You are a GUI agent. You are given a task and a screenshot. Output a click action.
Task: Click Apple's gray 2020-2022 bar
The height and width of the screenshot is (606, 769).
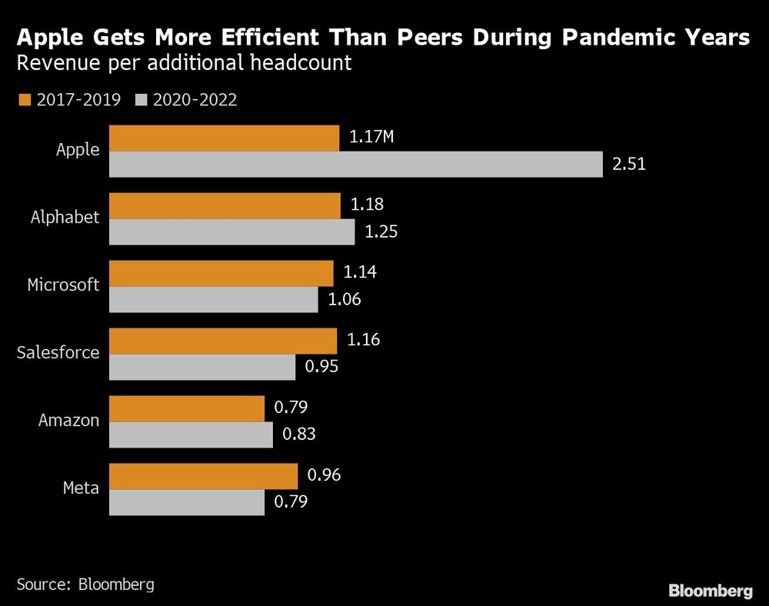(x=355, y=165)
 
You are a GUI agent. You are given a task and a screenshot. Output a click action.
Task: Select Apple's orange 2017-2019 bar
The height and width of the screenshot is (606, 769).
(x=224, y=138)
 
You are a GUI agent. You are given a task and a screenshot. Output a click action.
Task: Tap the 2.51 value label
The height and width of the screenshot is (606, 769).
(x=629, y=165)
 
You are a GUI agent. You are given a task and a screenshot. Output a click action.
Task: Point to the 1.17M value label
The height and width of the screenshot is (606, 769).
(x=371, y=138)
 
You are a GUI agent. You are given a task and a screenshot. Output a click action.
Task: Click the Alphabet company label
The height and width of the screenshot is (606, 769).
(x=65, y=218)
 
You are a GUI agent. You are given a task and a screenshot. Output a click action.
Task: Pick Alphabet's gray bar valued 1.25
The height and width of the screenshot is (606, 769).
(x=231, y=232)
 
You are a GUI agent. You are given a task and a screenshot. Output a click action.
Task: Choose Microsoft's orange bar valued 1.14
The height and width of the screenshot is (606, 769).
(x=221, y=273)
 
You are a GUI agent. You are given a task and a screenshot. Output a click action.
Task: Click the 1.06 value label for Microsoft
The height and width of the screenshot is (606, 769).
(x=345, y=300)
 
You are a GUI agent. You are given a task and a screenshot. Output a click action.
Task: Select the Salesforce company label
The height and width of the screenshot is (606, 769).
(x=58, y=353)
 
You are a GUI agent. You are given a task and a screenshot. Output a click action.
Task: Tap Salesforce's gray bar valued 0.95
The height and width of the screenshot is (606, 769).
(x=202, y=367)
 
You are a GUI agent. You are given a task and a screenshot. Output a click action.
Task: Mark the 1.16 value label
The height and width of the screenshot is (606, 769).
(x=363, y=340)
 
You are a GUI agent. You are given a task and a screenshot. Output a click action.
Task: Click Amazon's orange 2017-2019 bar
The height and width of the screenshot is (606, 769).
(x=187, y=408)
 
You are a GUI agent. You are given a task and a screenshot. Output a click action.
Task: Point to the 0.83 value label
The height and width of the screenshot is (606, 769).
(x=299, y=435)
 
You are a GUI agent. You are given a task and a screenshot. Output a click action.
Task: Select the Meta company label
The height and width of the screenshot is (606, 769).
(x=81, y=488)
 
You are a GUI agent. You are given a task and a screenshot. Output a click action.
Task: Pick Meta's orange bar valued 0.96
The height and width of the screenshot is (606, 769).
(x=203, y=476)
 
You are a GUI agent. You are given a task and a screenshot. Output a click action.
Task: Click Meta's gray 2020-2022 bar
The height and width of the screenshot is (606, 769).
(x=187, y=502)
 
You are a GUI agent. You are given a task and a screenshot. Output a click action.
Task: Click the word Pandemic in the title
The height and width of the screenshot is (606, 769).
(x=564, y=38)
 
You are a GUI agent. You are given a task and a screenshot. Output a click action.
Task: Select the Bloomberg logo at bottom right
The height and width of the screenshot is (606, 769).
(x=711, y=591)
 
